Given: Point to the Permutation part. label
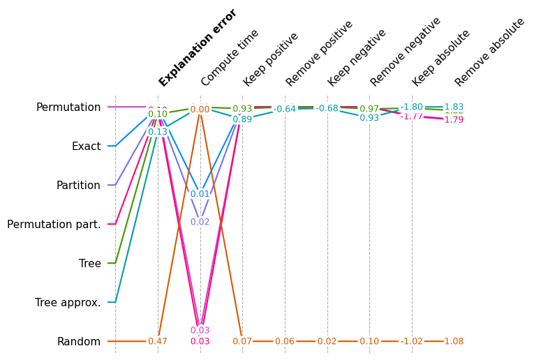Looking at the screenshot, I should point(54,225).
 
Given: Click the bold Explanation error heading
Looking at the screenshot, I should point(198,47).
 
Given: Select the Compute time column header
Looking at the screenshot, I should point(230,58).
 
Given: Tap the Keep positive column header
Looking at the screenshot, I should point(271,59).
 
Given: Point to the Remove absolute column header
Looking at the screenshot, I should point(489,52).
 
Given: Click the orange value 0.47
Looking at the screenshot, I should point(158,342).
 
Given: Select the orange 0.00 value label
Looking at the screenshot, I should point(200,110).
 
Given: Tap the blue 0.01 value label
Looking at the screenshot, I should point(200,195).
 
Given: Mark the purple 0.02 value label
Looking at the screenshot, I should point(200,223).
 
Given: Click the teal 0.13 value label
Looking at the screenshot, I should point(158,132).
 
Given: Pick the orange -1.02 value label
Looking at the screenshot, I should point(412,342).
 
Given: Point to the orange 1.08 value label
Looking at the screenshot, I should point(454,342).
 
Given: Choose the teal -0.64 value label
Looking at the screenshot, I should point(285,110).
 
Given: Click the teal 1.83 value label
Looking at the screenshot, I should point(454,107).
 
